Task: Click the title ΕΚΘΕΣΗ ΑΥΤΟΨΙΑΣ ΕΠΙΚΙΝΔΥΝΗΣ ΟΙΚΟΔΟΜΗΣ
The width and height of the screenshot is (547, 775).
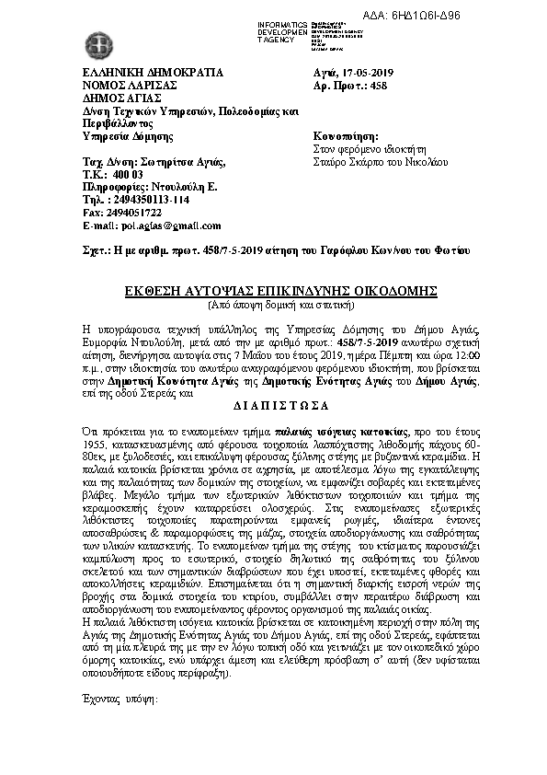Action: coord(281,291)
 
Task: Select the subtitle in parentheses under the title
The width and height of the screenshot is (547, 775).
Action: coord(281,304)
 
